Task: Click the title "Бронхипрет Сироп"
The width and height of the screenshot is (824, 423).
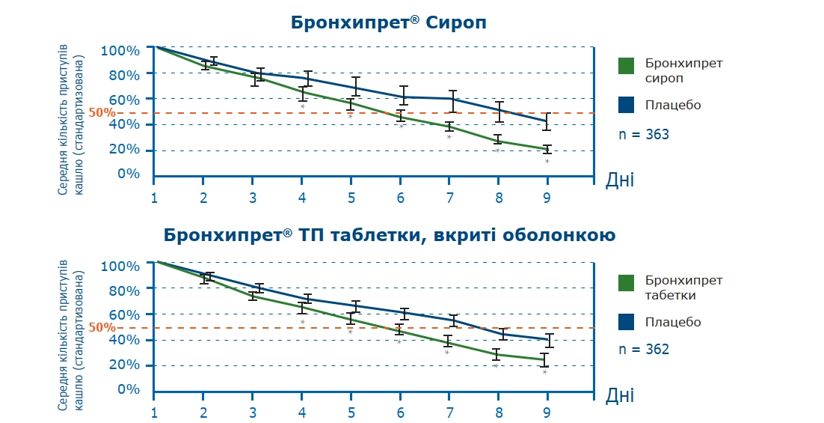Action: pos(388,22)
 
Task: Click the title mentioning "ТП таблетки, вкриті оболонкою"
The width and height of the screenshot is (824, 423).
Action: pos(390,236)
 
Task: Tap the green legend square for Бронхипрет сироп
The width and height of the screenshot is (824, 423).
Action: pos(626,66)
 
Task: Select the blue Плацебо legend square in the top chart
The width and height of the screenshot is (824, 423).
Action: pos(626,105)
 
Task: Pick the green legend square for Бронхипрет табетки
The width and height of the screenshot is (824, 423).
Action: pos(626,282)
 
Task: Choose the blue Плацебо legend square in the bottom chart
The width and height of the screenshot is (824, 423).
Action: pos(626,322)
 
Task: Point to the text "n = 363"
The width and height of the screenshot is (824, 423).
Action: pos(644,135)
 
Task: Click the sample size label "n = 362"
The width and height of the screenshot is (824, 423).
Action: pos(644,350)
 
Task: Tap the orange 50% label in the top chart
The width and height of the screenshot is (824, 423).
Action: pos(102,113)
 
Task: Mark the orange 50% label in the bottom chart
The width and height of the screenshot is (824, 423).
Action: pos(102,327)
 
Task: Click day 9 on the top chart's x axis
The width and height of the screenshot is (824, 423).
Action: pos(547,198)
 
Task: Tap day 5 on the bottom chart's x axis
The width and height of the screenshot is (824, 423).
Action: pos(351,413)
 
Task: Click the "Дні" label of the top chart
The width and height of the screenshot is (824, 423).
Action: pos(620,180)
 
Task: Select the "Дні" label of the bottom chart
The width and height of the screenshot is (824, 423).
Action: pos(620,395)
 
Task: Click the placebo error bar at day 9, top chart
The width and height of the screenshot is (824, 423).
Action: pos(547,121)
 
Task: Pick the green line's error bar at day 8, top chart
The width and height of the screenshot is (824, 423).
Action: pos(497,139)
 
